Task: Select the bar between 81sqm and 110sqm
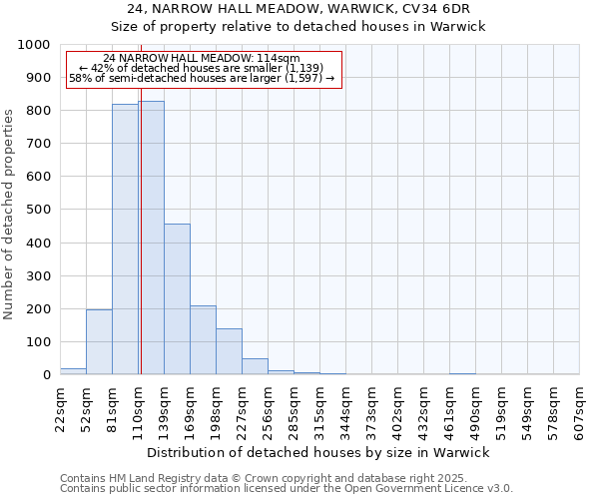tap(125, 240)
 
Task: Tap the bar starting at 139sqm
tap(177, 299)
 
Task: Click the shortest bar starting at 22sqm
tap(73, 371)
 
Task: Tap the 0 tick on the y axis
tap(46, 375)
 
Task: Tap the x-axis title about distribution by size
tap(318, 452)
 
